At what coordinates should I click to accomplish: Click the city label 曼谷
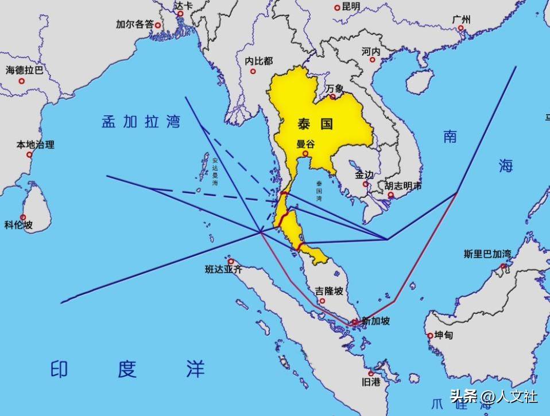point(306,144)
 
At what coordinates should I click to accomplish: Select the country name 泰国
point(315,123)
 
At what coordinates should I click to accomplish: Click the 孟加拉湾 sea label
point(141,122)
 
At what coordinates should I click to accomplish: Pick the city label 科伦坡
point(19,225)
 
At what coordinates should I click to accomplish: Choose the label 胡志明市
point(402,186)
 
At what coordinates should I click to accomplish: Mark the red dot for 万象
point(332,97)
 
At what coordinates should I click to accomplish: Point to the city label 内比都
point(259,61)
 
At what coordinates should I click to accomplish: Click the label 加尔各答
point(135,25)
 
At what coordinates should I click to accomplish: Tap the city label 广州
point(461,20)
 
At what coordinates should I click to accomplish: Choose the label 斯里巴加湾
point(487,254)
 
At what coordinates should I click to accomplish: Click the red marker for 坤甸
point(429,336)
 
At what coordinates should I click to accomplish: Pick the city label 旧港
point(370,382)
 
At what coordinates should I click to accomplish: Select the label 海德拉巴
point(24,70)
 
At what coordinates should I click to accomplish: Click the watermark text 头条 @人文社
point(493,396)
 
